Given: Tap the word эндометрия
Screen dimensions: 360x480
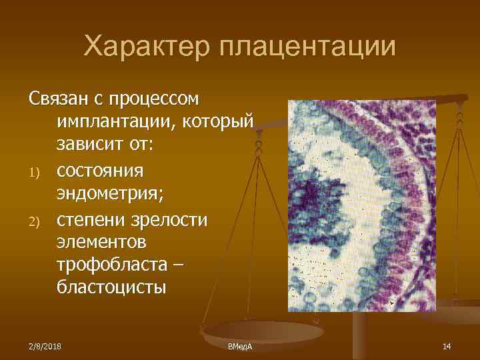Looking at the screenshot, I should pos(109,195).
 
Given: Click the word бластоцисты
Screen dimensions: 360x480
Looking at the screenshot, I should pos(109,289).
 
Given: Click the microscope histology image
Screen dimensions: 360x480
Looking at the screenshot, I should pos(361,205).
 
